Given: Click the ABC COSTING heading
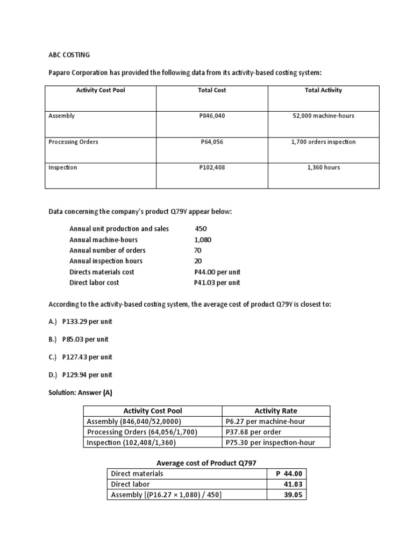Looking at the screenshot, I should (x=69, y=55).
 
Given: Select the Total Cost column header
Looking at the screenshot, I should (x=212, y=90).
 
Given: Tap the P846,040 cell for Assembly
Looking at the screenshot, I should (x=212, y=115).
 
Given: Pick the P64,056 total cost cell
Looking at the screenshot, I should (x=212, y=142).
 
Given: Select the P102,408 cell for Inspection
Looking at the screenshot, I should (x=212, y=168).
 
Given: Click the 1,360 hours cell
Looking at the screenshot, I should (x=323, y=168).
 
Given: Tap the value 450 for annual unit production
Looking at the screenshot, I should (x=201, y=229).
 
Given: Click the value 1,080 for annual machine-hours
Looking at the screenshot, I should (x=203, y=240).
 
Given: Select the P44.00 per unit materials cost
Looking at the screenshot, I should (x=217, y=272).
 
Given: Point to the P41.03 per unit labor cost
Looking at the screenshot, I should (x=217, y=283).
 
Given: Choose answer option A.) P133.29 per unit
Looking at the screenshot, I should (x=81, y=322).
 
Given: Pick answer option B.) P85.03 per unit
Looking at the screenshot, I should (x=79, y=339).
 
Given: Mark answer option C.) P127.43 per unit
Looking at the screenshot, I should (x=81, y=357).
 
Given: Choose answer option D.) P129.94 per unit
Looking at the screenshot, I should (x=81, y=375).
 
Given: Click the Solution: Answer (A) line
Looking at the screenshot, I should (x=80, y=393).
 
